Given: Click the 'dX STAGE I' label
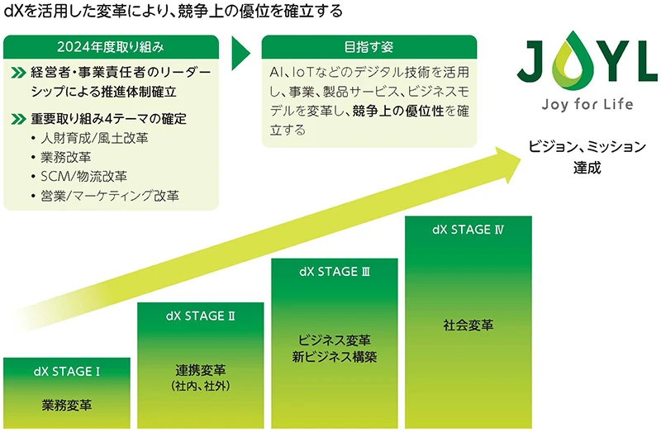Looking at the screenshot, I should pos(67,372).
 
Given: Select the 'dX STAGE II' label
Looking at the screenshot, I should pos(201,316).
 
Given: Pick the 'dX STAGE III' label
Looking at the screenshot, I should pos(334,272).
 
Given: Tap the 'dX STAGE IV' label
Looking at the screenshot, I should pos(468,230).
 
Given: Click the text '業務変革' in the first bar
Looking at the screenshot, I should pos(67,406).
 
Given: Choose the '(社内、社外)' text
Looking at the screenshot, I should pos(201,386).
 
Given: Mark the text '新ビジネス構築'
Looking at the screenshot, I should pos(334,357).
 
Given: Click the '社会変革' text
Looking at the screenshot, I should pos(468,325).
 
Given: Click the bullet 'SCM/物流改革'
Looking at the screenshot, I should pos(83,176).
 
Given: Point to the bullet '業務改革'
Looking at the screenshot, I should pos(65,156).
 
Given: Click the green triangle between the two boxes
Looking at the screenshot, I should pos(240,54).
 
